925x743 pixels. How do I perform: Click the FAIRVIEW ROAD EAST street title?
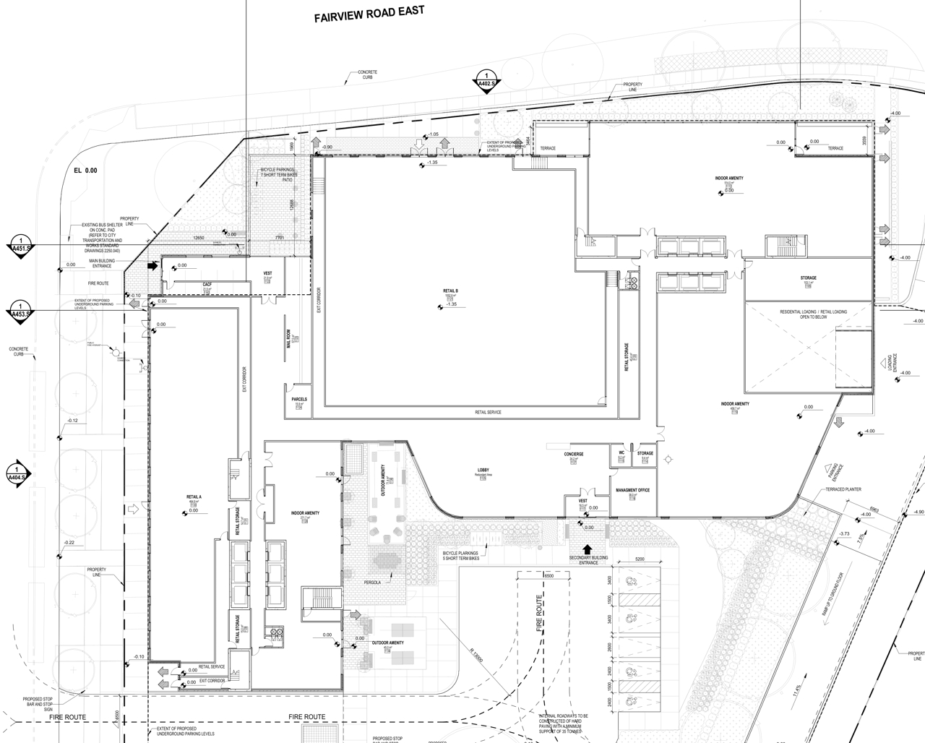[x=369, y=15]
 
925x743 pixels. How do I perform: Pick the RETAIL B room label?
[x=451, y=291]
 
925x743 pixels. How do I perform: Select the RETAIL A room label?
[x=194, y=497]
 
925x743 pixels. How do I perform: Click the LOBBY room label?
[x=483, y=471]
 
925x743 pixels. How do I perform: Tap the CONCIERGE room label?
[x=574, y=454]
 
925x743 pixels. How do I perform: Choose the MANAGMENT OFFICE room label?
[x=632, y=490]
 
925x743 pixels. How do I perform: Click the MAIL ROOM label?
[x=288, y=339]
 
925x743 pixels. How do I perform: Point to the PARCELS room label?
[x=299, y=399]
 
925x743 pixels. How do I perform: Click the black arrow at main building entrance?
[x=152, y=266]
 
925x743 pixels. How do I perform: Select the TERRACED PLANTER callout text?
[x=843, y=489]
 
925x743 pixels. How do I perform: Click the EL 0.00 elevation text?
[x=85, y=171]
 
